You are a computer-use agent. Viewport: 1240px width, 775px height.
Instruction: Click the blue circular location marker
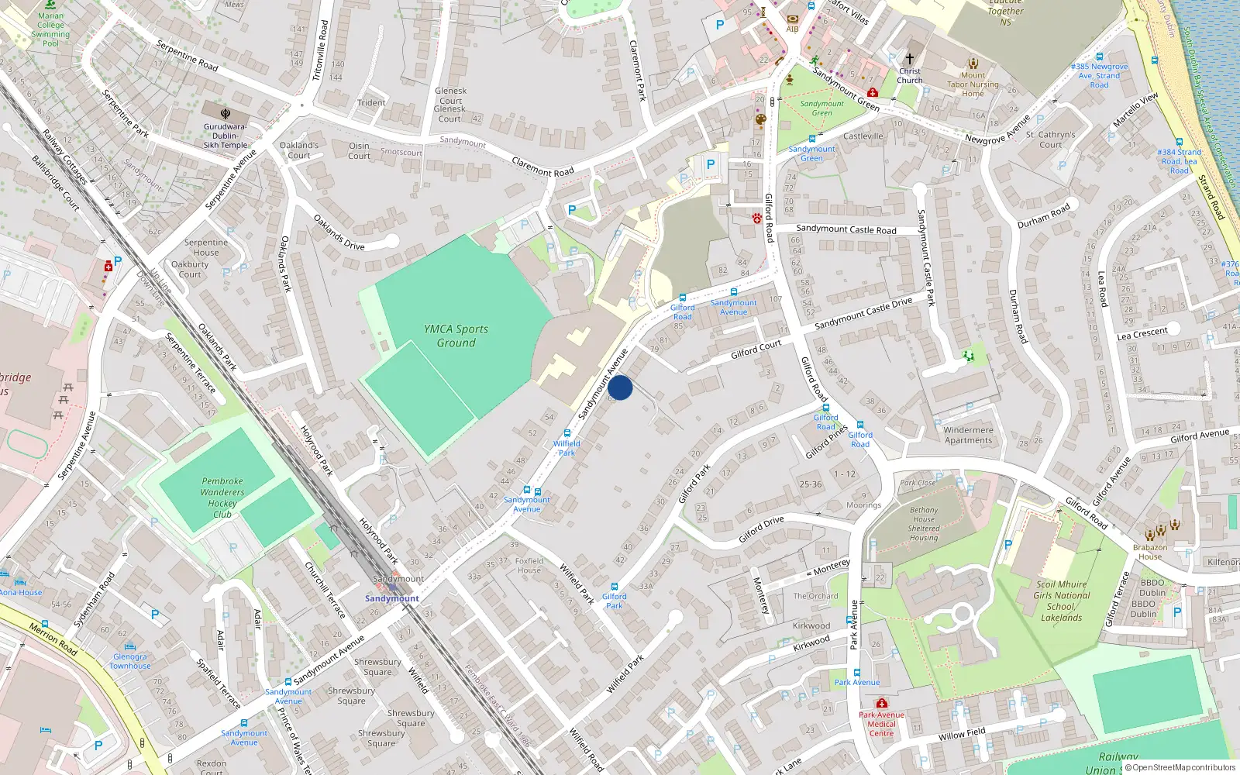point(620,387)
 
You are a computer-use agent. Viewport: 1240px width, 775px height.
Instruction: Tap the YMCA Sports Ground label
point(456,336)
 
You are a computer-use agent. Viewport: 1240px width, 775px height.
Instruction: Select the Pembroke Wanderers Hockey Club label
point(222,498)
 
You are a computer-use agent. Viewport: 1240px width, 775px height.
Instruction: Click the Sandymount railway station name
point(392,598)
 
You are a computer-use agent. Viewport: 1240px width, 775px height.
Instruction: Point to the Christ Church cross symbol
point(910,59)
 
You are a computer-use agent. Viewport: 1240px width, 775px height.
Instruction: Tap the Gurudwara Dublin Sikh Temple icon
point(226,113)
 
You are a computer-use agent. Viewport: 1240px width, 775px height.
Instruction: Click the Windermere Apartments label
point(968,435)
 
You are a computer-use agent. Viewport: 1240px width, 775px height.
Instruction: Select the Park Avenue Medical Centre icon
point(881,704)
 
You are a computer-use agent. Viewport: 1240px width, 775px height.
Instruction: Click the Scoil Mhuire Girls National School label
point(1061,601)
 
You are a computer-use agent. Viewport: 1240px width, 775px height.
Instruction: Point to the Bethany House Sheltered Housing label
point(924,524)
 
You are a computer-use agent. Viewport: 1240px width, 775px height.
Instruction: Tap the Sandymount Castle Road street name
point(846,229)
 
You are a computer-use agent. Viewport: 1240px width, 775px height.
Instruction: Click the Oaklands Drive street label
point(339,232)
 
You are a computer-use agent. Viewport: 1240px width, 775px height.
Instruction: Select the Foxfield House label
point(529,565)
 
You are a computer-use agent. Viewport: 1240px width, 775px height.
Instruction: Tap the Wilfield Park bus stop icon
point(567,434)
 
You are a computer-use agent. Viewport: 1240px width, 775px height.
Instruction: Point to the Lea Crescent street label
point(1142,333)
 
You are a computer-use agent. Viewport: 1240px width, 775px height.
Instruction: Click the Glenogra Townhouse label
point(130,661)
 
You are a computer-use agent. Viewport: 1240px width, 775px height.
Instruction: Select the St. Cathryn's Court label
point(1050,139)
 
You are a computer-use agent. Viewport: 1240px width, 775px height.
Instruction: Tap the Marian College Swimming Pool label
point(51,29)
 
